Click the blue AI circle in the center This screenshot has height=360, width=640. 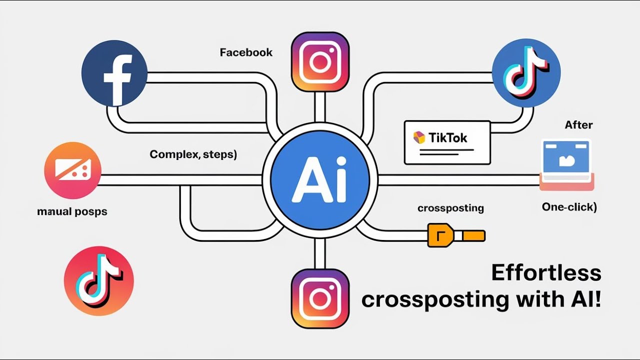320,180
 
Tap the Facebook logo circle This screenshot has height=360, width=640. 114,73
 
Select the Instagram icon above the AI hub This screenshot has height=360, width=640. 320,62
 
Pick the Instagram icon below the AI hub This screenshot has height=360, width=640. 320,298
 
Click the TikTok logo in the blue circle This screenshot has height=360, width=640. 526,73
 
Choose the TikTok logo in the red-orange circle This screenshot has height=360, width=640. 99,281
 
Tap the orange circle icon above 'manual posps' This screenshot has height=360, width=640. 73,170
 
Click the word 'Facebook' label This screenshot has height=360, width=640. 246,52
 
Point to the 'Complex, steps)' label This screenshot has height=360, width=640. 193,154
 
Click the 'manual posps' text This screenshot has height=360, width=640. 72,211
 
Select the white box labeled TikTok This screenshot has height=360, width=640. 447,142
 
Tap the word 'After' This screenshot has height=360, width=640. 579,125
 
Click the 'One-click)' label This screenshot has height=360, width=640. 569,207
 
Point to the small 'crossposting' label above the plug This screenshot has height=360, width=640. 451,208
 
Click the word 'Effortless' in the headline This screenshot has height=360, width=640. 546,273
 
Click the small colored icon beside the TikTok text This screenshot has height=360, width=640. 419,137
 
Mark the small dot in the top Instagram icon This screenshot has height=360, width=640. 331,50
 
